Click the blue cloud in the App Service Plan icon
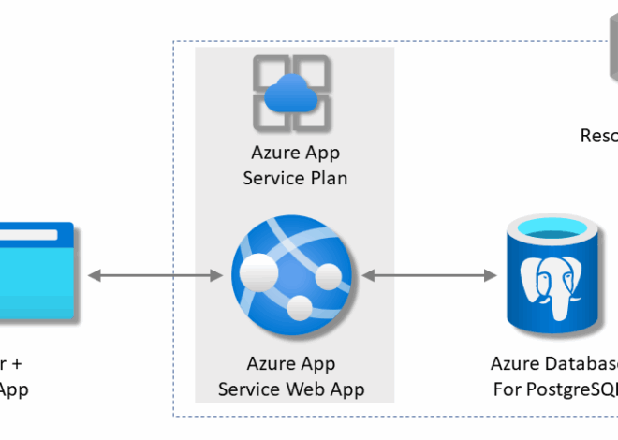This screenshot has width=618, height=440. (x=293, y=95)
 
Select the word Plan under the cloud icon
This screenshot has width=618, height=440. (x=328, y=178)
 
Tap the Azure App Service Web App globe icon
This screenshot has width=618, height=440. (x=294, y=275)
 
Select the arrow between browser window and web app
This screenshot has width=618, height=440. (x=154, y=275)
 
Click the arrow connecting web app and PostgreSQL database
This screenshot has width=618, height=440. (x=429, y=275)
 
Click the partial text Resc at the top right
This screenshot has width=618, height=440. (x=598, y=136)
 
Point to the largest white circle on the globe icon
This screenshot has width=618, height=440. (x=259, y=272)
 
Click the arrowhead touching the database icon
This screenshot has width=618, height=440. (x=489, y=275)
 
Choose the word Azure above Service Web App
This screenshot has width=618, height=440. (x=270, y=364)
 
